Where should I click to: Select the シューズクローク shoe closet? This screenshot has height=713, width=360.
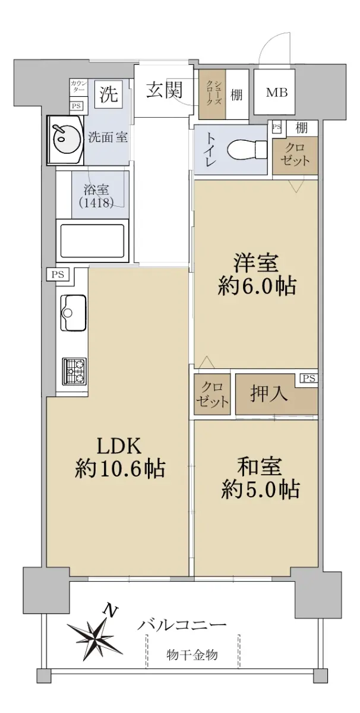coord(212,94)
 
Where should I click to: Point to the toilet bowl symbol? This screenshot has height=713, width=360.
coord(247,149)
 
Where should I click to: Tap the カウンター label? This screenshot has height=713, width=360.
coord(77,87)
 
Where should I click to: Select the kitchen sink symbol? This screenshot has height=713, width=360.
coord(73,313)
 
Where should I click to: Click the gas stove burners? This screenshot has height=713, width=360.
coord(75,371)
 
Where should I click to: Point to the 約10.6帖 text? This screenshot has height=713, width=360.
coord(119,468)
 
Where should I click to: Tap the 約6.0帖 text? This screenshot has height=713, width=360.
coord(257,286)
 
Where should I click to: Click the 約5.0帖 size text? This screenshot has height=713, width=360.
coord(260,489)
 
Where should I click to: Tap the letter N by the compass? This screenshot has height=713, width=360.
coord(112,609)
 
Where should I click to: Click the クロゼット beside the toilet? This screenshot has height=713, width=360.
coord(295,154)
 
